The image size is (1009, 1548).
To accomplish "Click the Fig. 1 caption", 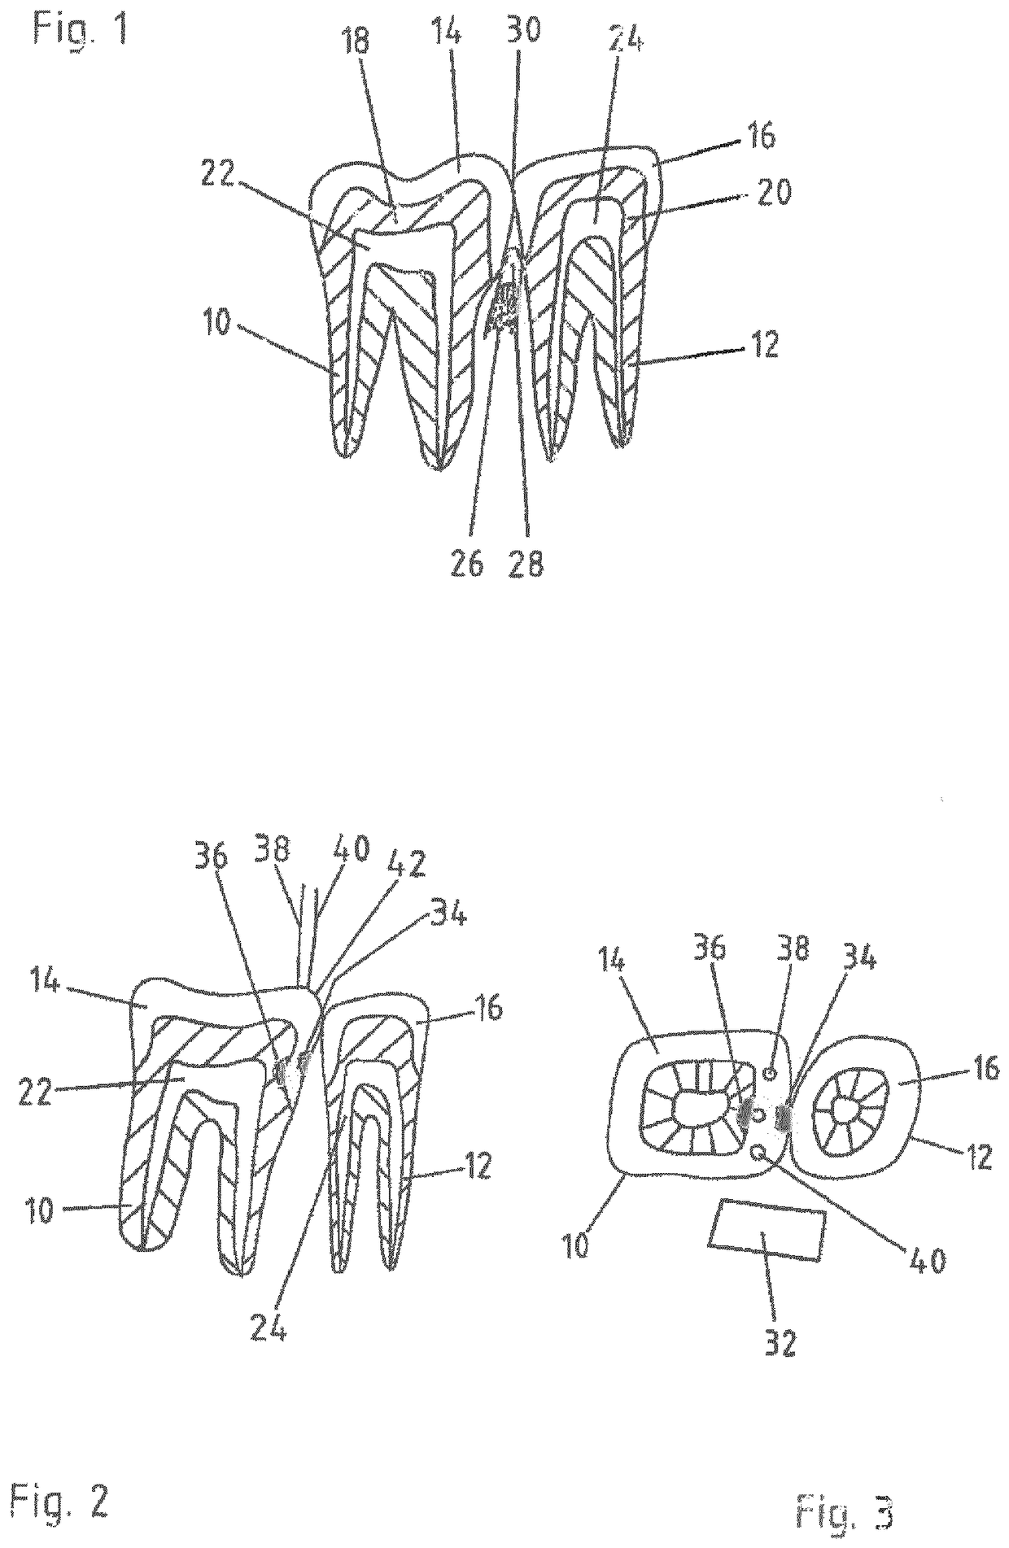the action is click(x=80, y=29).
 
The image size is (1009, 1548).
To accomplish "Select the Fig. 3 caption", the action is click(x=845, y=1514).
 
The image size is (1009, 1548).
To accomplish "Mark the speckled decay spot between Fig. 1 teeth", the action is click(x=504, y=309).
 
